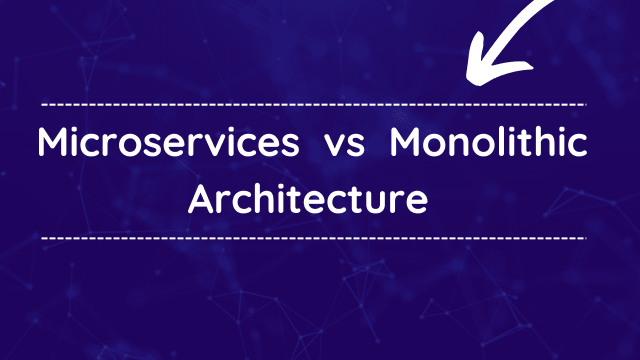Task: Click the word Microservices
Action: pyautogui.click(x=168, y=142)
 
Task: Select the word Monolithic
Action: pyautogui.click(x=488, y=141)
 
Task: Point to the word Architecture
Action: pyautogui.click(x=307, y=198)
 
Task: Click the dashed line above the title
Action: pyautogui.click(x=313, y=105)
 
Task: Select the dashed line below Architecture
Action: pyautogui.click(x=313, y=238)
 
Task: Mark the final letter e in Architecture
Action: pyautogui.click(x=416, y=203)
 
